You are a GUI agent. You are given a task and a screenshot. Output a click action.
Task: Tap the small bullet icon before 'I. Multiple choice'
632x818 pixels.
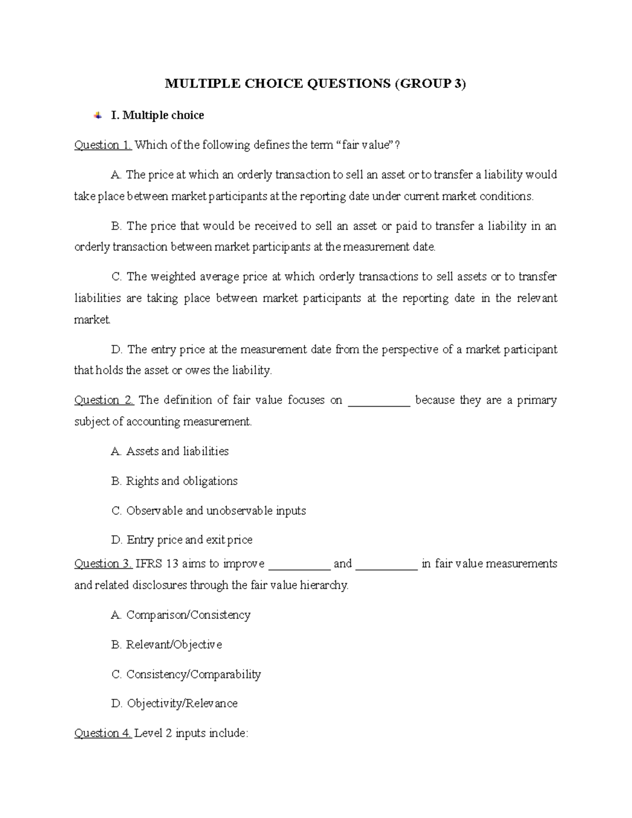pos(97,115)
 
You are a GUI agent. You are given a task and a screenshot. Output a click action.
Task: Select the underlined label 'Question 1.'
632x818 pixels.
pos(103,145)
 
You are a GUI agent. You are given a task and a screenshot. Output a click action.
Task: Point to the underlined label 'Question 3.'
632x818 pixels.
pos(103,564)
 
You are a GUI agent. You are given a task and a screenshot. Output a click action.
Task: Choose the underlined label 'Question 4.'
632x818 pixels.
pos(103,733)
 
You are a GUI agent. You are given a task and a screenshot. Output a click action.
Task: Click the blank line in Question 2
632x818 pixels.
pos(379,402)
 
